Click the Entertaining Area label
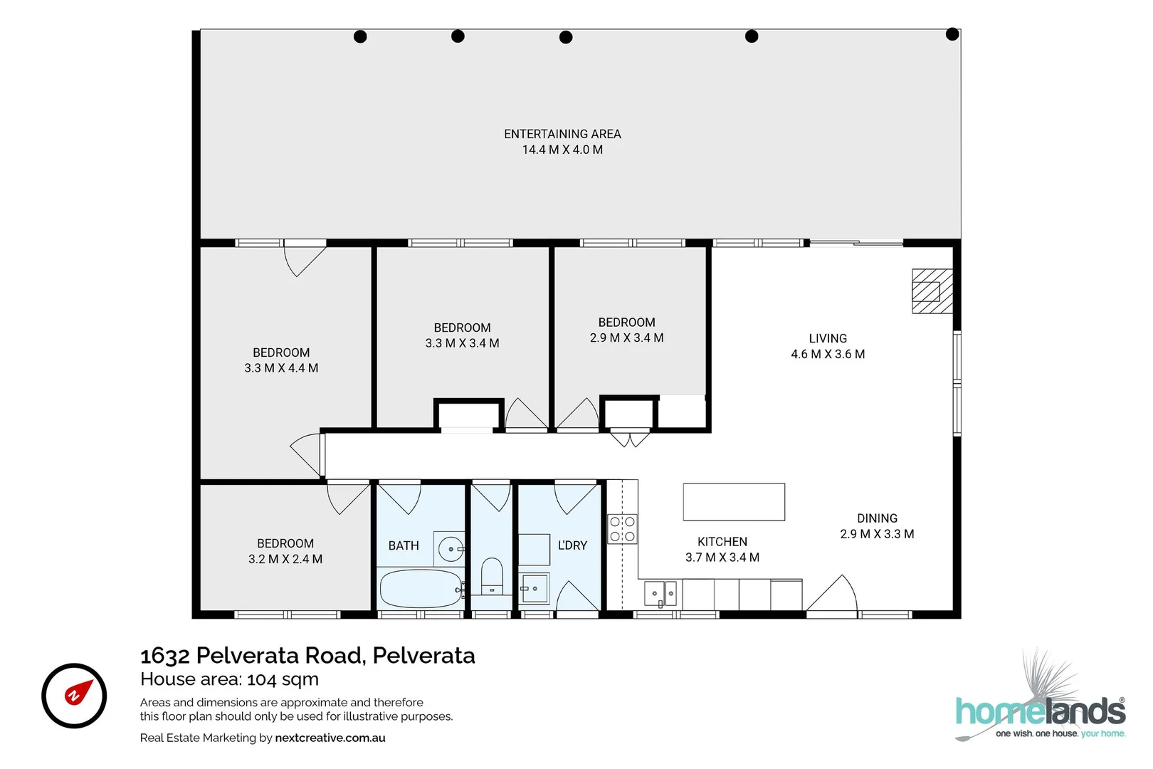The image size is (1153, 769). click(x=562, y=134)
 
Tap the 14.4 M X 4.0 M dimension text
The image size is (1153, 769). click(x=562, y=150)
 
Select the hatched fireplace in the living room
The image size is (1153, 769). click(x=932, y=291)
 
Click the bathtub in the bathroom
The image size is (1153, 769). click(x=421, y=589)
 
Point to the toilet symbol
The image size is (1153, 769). click(x=492, y=576)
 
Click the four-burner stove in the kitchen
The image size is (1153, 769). click(x=622, y=528)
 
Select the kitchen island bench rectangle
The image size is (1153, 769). click(x=734, y=502)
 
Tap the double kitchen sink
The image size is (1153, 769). click(x=660, y=592)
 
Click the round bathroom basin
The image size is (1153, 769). click(x=451, y=549)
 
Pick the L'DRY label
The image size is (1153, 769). click(x=572, y=545)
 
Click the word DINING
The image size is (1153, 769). click(x=877, y=518)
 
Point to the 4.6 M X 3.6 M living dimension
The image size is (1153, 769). click(x=828, y=354)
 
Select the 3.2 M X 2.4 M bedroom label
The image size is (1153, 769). click(x=285, y=559)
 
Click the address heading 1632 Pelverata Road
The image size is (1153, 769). click(x=307, y=655)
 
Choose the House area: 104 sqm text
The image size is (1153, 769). click(x=229, y=679)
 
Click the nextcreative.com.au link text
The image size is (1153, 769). click(x=330, y=738)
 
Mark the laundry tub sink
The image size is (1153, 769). click(x=533, y=589)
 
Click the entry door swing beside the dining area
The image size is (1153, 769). click(x=833, y=595)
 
